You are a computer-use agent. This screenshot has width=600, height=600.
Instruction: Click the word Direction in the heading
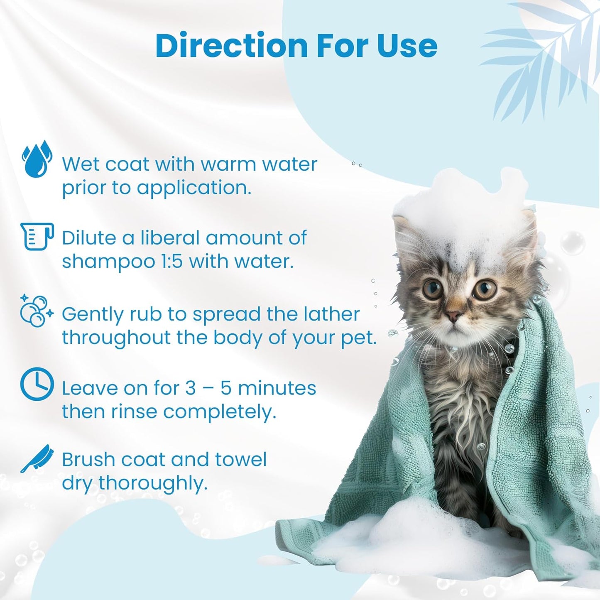point(231,45)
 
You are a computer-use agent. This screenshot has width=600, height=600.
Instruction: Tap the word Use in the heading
point(407,45)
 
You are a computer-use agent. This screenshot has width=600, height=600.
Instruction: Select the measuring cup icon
point(37,236)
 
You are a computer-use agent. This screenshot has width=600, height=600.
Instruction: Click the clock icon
point(37,385)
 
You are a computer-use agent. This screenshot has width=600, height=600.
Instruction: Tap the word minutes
point(277,389)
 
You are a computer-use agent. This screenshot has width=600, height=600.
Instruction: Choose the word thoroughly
point(153,484)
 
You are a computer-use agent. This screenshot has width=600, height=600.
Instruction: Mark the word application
point(194,188)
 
